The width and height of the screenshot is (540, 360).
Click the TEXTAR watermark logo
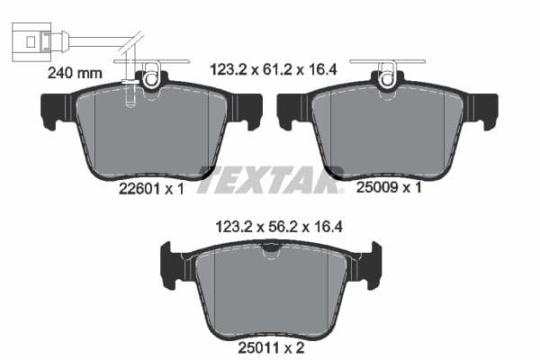click(x=268, y=180)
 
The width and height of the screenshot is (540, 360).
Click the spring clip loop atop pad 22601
click(x=150, y=76)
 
